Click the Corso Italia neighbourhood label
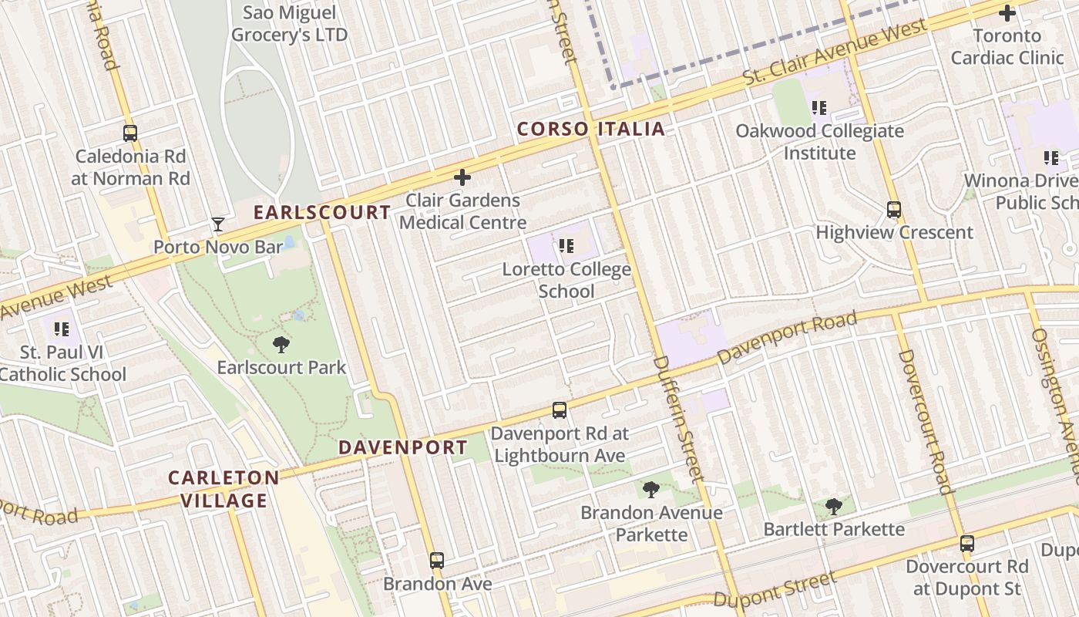pos(590,129)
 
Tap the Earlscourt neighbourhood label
pos(322,212)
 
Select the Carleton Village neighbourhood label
pos(224,489)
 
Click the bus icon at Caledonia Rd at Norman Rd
pos(130,133)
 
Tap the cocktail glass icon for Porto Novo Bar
pos(218,224)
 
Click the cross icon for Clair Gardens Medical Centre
pos(462,178)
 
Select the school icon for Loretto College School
pos(566,247)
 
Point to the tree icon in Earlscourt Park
pos(281,345)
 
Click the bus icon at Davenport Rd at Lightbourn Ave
pos(560,411)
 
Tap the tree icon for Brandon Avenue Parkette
pos(651,489)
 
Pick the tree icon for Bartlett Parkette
pos(833,506)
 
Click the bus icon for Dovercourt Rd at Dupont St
pos(967,544)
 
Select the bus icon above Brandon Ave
pos(437,561)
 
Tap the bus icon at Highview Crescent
pos(894,210)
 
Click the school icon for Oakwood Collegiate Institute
pos(818,108)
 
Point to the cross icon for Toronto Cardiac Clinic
pos(1007,13)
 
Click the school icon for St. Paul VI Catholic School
pos(62,330)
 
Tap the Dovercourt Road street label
pos(923,420)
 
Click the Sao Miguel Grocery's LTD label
pos(289,24)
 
